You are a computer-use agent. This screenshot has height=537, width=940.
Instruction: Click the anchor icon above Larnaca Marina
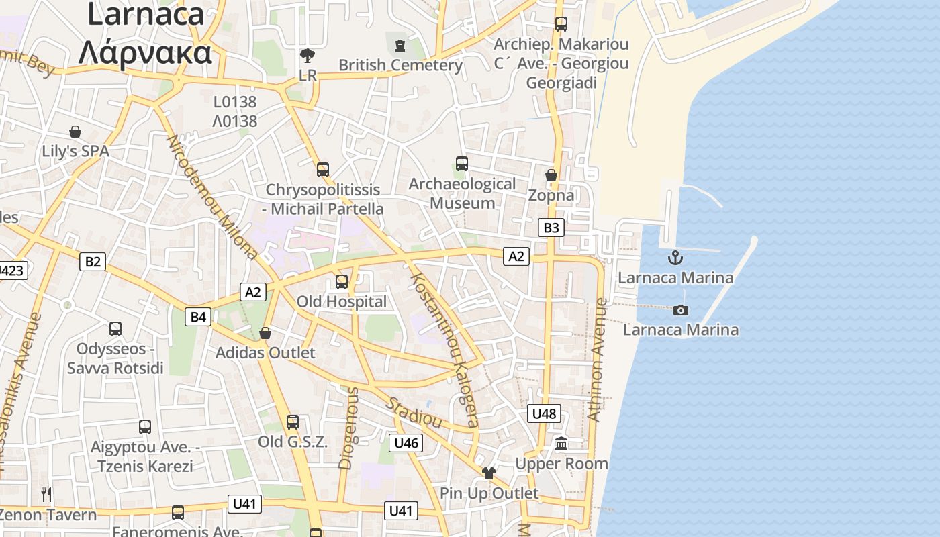coord(675,257)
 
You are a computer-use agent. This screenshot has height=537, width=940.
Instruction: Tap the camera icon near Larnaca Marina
coord(681,310)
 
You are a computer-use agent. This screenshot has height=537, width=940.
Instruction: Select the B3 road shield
coord(551,228)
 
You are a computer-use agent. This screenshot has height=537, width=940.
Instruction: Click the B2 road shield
coord(93,261)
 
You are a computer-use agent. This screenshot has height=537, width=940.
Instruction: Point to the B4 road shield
coord(199,316)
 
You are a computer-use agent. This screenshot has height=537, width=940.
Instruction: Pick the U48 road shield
coord(544,413)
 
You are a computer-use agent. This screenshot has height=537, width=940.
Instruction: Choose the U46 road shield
coord(406,442)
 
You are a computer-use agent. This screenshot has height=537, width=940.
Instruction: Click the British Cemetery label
coord(400,65)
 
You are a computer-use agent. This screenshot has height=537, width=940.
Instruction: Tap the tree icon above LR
coord(308,55)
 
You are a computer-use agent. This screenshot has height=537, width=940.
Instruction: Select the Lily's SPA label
coord(75,151)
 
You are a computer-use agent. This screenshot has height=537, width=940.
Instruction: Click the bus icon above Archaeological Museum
coord(462,163)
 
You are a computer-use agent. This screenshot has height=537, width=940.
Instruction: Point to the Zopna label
coord(551,195)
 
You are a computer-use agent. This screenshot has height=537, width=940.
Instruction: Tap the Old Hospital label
coord(342,302)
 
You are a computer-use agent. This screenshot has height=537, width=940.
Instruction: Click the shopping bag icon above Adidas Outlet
coord(265,333)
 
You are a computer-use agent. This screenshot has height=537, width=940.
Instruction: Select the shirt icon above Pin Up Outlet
coord(489,473)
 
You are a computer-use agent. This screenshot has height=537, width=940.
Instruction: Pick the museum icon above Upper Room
coord(561,444)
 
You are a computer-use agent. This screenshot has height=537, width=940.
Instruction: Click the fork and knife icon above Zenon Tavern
coord(46,495)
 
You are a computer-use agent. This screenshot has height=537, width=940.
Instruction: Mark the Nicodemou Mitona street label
coord(211,197)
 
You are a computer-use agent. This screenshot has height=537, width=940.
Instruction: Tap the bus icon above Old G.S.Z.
coord(293,422)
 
